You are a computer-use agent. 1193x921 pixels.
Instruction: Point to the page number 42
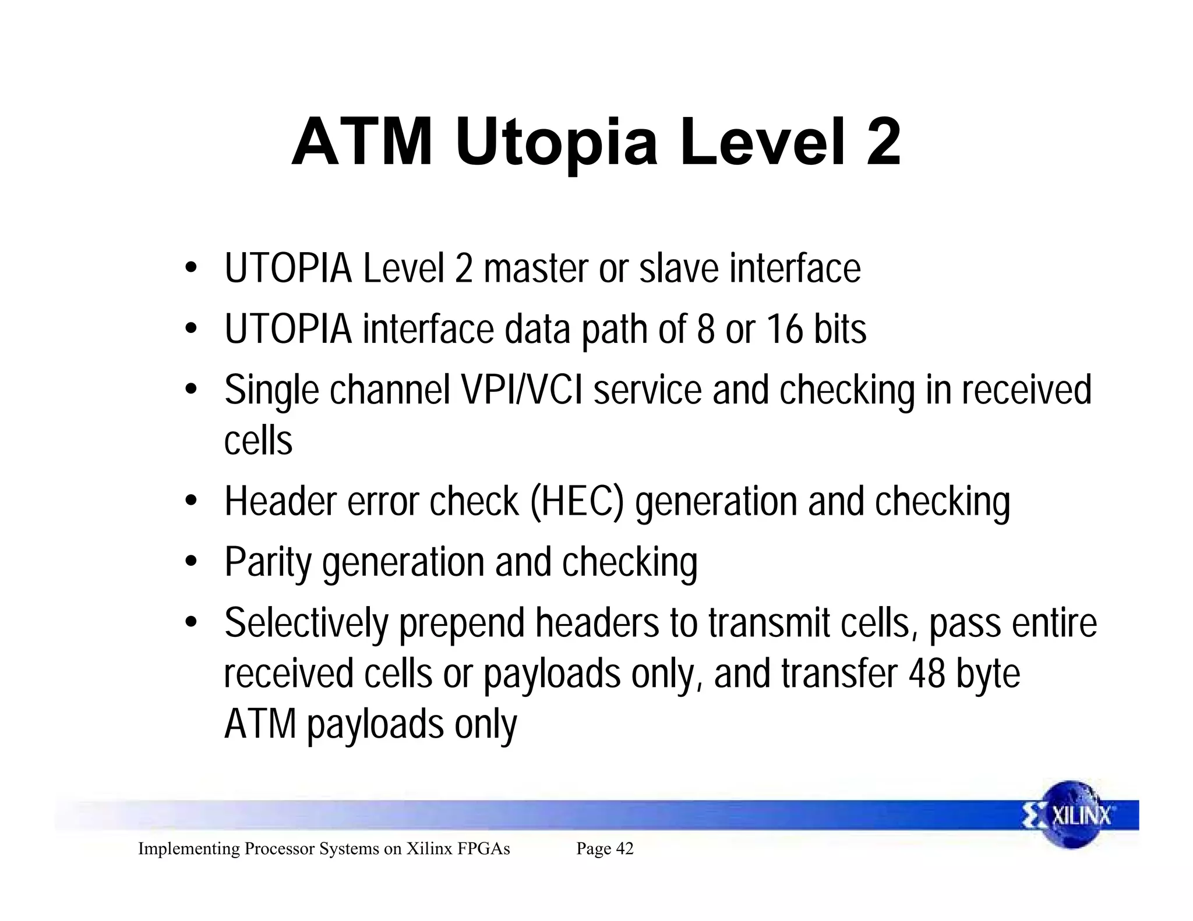click(624, 849)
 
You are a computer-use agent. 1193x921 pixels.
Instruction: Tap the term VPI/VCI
click(522, 390)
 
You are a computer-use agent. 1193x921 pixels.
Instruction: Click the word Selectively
click(306, 624)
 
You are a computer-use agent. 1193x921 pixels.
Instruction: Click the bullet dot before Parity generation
click(190, 562)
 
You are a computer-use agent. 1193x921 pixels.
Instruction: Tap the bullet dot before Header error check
click(190, 501)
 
